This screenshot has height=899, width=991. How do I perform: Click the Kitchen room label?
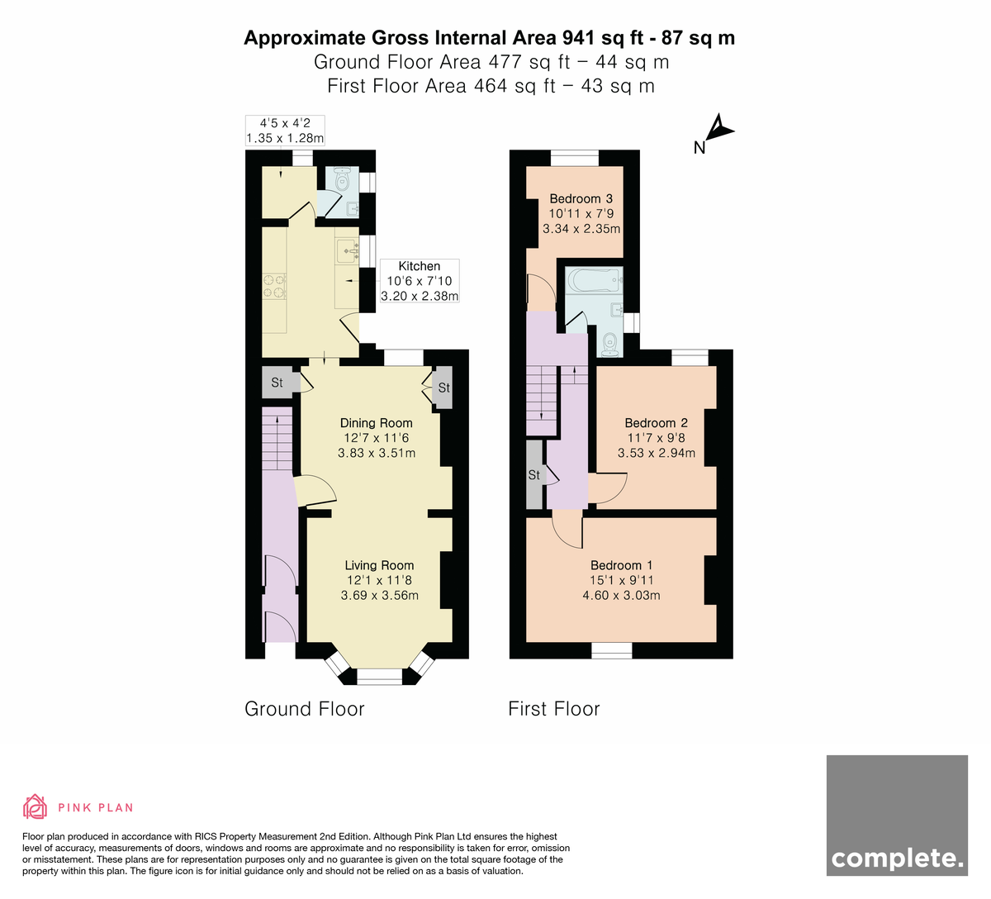pos(419,266)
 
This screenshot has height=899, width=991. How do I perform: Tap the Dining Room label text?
pos(376,423)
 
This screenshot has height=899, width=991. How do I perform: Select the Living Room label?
pos(379,565)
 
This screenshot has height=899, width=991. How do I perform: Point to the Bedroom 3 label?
pos(581,199)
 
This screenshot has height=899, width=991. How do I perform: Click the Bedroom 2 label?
pos(656,423)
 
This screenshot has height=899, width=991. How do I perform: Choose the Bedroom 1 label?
pos(621,565)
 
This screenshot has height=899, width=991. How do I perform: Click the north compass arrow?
pos(720,128)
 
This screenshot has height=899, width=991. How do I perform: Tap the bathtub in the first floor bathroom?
pos(595,281)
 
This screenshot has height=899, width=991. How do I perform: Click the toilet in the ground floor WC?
pos(342,179)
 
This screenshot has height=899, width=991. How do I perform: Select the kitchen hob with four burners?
pos(274,287)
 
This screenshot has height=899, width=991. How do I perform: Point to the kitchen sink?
pos(348,250)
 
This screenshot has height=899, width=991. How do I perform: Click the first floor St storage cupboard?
pos(534,475)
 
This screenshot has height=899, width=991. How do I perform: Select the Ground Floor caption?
pos(304,709)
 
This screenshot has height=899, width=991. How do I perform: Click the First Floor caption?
pos(554,709)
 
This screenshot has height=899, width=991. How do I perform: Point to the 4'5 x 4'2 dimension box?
pos(285,131)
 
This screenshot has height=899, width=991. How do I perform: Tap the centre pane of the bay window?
pos(379,676)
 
